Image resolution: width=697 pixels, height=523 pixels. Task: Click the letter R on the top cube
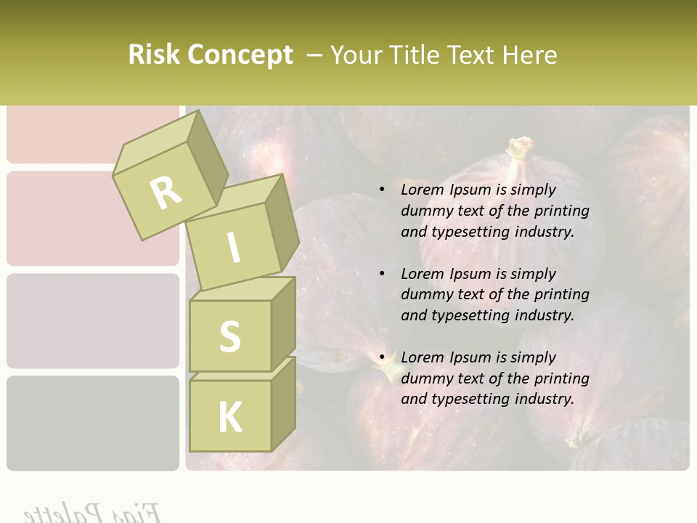[166, 192]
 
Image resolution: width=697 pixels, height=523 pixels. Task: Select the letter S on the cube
[230, 337]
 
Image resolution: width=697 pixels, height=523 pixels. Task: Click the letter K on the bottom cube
[229, 418]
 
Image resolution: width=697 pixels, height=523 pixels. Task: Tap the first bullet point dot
[383, 190]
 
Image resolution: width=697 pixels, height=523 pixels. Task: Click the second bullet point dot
[383, 274]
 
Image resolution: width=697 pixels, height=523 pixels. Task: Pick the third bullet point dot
[383, 357]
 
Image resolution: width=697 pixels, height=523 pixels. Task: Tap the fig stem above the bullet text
[520, 149]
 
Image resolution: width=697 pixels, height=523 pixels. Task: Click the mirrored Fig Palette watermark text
[91, 513]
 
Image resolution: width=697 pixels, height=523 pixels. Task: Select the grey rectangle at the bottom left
[92, 423]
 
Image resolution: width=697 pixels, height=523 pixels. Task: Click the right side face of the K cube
[283, 403]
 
